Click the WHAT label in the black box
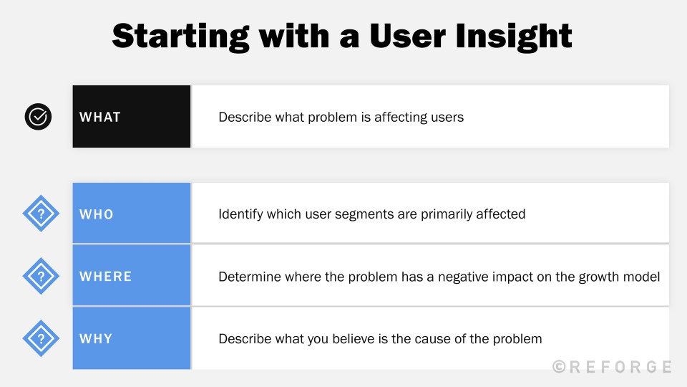(100, 117)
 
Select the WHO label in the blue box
(97, 214)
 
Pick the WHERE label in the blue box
(106, 277)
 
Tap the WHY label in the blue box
(96, 338)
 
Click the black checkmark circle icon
(39, 116)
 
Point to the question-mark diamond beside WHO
(41, 214)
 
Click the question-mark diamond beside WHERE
(41, 276)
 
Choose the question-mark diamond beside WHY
(41, 338)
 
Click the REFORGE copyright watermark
(612, 367)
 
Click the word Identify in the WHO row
(240, 214)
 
